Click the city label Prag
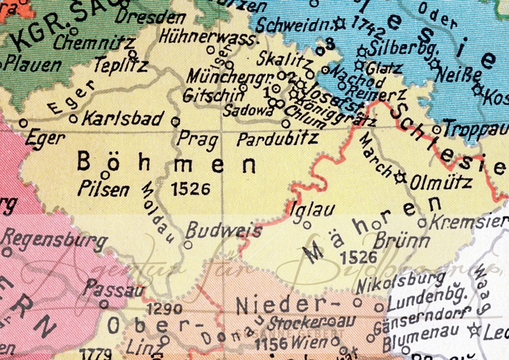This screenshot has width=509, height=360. pyautogui.click(x=198, y=140)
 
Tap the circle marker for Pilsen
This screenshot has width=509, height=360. pyautogui.click(x=105, y=175)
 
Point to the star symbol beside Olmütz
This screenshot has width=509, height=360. pyautogui.click(x=400, y=177)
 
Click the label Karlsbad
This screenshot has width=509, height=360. pyautogui.click(x=123, y=119)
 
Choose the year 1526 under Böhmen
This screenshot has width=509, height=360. pyautogui.click(x=190, y=188)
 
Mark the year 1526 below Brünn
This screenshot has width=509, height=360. pyautogui.click(x=359, y=257)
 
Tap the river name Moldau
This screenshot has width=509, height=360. pyautogui.click(x=160, y=211)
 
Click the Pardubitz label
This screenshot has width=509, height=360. pyautogui.click(x=277, y=139)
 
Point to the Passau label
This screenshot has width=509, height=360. pyautogui.click(x=114, y=288)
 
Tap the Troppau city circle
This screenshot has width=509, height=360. pyautogui.click(x=436, y=129)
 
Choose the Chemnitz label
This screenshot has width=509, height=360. pyautogui.click(x=93, y=43)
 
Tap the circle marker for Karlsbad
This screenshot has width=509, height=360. pyautogui.click(x=74, y=118)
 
